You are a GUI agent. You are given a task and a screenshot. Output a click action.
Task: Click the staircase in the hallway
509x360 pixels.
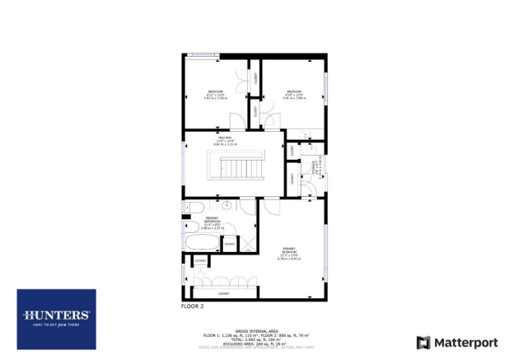[x=244, y=169]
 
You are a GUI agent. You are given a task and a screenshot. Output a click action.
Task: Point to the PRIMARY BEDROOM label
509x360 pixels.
[x=290, y=250]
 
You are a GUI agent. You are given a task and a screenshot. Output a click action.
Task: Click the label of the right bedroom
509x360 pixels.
[x=294, y=92]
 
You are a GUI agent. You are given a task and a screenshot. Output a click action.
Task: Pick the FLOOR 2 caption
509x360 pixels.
[x=192, y=306]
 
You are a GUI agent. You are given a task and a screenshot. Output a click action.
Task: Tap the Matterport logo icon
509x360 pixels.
[x=423, y=342]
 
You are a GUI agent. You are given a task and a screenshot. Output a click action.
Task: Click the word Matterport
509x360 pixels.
[x=463, y=342]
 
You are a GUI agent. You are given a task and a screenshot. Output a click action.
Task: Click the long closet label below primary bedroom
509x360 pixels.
[x=223, y=293]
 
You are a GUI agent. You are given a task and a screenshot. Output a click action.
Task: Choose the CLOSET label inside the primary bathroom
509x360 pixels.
[x=230, y=244]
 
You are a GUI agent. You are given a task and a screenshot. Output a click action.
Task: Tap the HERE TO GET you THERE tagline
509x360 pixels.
[x=56, y=326]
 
